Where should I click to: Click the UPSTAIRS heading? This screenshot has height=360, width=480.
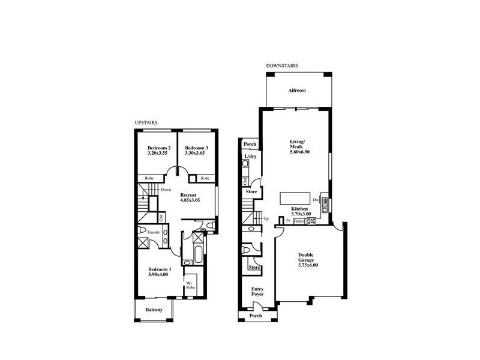tap(146, 122)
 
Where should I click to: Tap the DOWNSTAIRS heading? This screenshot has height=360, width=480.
tap(282, 65)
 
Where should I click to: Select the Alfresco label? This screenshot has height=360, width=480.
tap(297, 90)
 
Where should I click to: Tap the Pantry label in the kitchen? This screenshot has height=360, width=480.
tap(299, 221)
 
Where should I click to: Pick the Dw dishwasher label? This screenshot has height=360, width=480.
tap(316, 199)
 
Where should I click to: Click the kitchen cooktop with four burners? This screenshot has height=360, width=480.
tap(311, 221)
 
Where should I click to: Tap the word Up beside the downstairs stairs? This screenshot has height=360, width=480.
tap(266, 218)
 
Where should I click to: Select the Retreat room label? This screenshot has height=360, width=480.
tap(190, 195)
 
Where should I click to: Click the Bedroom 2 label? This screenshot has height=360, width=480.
tap(159, 148)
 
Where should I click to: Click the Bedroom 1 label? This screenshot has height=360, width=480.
tap(160, 270)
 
